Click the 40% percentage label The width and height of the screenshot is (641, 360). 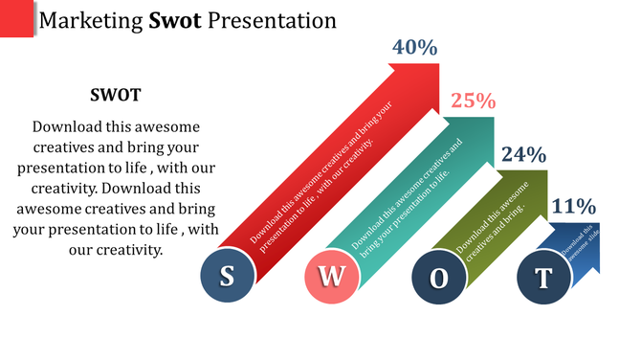pyautogui.click(x=414, y=47)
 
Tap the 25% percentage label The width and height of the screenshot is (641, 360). pyautogui.click(x=473, y=101)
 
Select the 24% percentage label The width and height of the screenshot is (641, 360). pyautogui.click(x=523, y=154)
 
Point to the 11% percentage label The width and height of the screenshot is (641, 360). pyautogui.click(x=574, y=206)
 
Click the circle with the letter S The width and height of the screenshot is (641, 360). pyautogui.click(x=227, y=278)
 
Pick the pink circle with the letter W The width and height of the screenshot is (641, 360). pyautogui.click(x=331, y=278)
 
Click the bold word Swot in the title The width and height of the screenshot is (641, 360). pyautogui.click(x=174, y=19)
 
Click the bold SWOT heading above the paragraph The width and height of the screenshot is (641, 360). pyautogui.click(x=115, y=95)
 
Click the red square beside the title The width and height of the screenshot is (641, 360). pyautogui.click(x=16, y=19)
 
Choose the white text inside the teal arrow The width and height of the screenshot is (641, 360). pyautogui.click(x=407, y=201)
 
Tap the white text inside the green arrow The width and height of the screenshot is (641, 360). pyautogui.click(x=492, y=217)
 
